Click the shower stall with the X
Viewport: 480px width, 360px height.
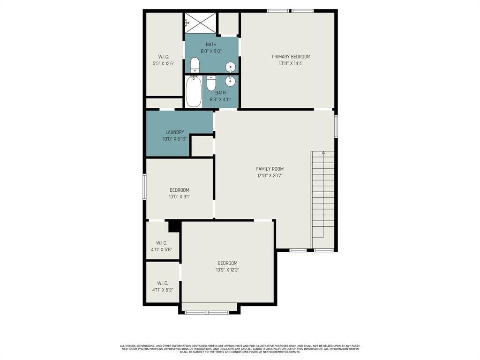[201, 23]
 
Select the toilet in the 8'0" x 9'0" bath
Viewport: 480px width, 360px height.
[195, 65]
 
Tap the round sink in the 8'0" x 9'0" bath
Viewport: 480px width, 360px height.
[231, 66]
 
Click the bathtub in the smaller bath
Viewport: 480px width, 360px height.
[194, 91]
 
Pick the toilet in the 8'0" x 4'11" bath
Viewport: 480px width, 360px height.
[211, 83]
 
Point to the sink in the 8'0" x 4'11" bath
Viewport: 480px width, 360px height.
[231, 81]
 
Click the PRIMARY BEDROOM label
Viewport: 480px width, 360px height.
[291, 57]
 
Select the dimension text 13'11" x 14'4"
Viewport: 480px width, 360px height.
[291, 63]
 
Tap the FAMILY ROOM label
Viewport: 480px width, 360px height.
[270, 169]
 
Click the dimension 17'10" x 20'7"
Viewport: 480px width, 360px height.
[270, 176]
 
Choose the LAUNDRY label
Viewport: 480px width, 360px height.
[174, 132]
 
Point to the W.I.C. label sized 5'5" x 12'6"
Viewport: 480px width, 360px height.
[163, 57]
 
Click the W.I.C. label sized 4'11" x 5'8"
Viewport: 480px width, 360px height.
[162, 243]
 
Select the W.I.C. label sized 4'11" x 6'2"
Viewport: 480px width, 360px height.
[163, 283]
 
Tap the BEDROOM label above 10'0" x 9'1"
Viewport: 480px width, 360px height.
[180, 190]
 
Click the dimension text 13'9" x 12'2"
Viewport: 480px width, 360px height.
[227, 270]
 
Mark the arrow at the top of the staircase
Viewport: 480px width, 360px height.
[323, 153]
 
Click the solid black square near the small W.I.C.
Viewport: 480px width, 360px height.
[174, 226]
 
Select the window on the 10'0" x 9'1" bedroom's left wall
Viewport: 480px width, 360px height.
[144, 186]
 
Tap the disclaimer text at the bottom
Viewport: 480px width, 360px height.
[240, 349]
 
